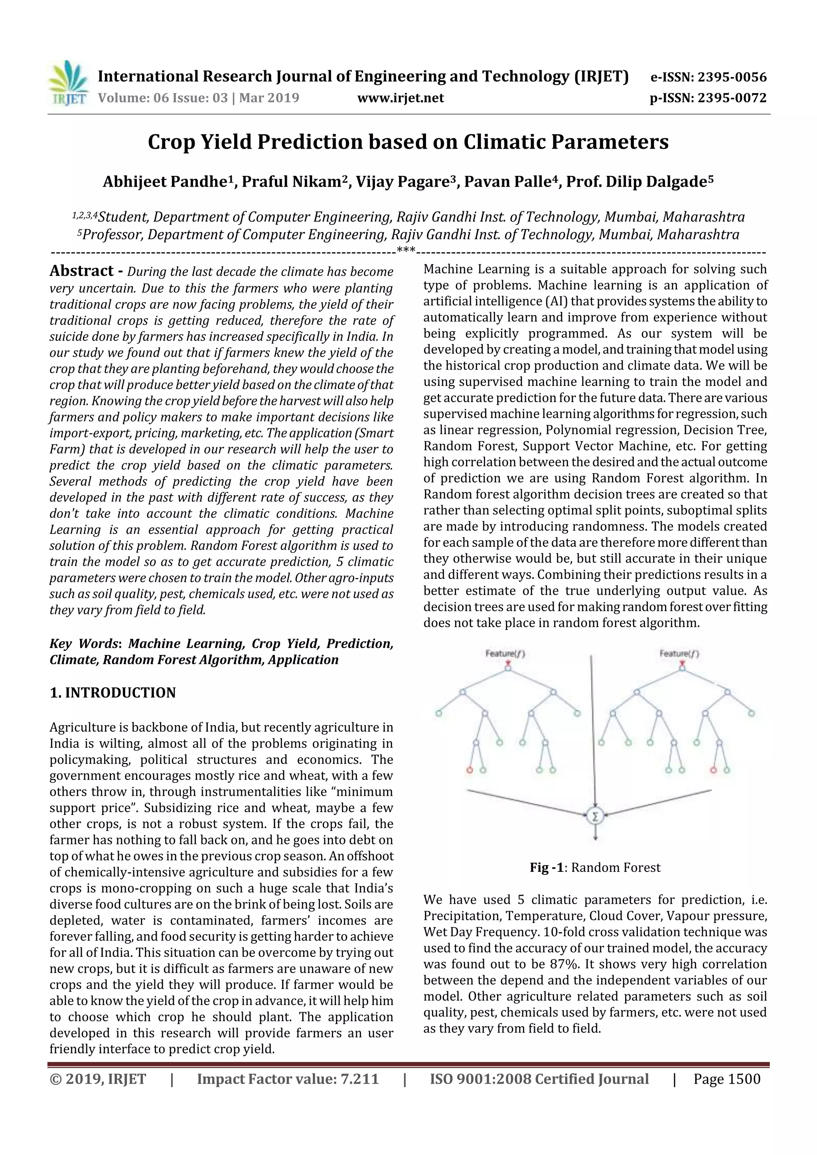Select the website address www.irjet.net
coord(400,98)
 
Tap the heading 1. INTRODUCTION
coord(113,693)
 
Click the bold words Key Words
coord(83,643)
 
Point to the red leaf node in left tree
coord(470,769)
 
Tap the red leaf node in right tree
coord(713,769)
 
